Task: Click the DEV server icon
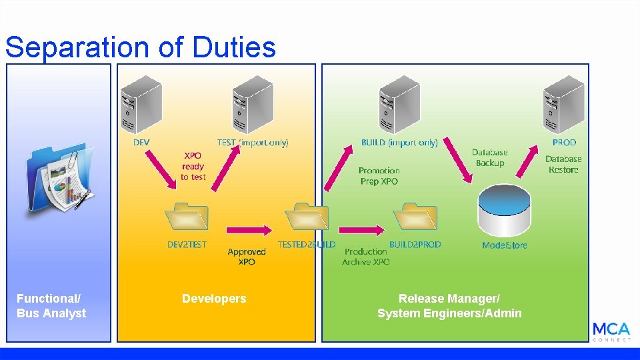tap(141, 105)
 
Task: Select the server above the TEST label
tap(253, 105)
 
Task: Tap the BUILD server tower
tap(399, 105)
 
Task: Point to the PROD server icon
tap(563, 105)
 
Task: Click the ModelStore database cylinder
tap(505, 211)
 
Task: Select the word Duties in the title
tap(233, 47)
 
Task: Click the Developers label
tap(214, 299)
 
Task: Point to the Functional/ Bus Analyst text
tap(51, 306)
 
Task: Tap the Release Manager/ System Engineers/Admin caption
tap(449, 306)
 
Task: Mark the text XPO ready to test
tap(193, 166)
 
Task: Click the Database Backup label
tap(490, 158)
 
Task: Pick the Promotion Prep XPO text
tap(379, 176)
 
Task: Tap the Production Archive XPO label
tap(366, 257)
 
